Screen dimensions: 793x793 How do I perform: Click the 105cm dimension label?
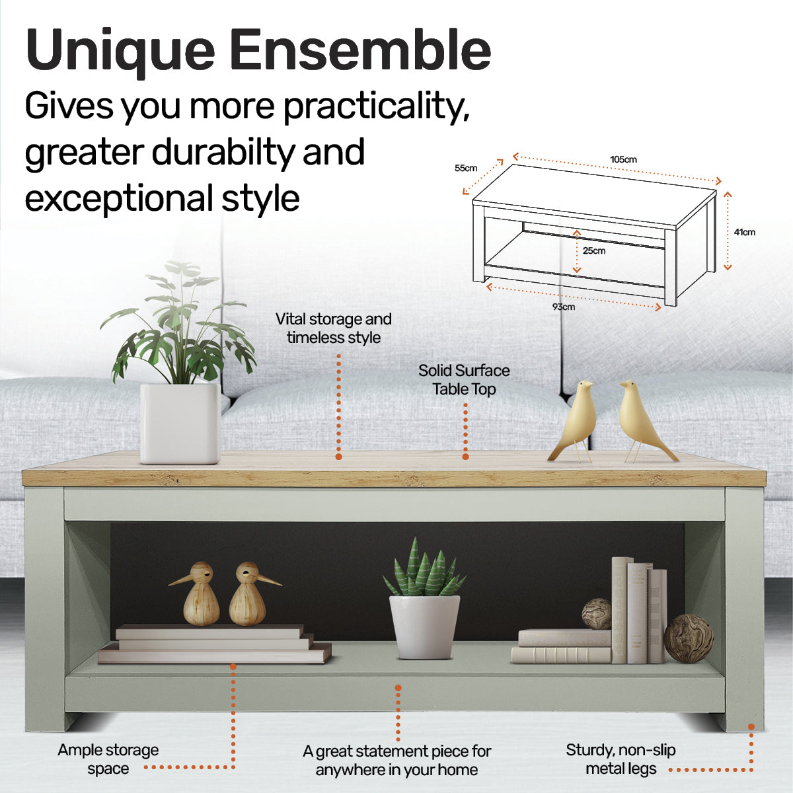point(623,159)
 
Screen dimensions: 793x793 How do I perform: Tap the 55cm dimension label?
point(466,168)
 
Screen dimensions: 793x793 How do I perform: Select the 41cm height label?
point(744,232)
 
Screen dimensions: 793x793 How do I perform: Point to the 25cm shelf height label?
point(593,250)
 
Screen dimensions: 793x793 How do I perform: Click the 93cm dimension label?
point(564,307)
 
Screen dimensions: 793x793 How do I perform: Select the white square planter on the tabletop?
point(180,423)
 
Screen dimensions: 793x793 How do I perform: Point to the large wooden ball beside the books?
point(688,638)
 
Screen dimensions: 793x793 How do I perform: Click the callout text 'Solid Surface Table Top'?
point(464,380)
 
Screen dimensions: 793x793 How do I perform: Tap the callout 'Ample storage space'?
point(108,759)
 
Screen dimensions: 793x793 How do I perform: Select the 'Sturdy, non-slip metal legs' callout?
point(621,759)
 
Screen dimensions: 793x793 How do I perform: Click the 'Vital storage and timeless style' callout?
point(334,328)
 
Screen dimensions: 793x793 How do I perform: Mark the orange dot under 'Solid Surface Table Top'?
point(465,457)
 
